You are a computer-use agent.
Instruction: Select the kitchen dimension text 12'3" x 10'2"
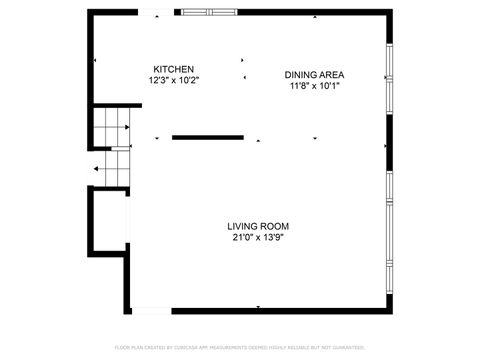coord(173,80)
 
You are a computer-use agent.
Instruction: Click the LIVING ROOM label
coord(258,226)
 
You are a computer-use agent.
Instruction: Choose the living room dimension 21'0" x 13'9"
coord(258,238)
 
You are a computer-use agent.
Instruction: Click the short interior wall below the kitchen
coord(207,137)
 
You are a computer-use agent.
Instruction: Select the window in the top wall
coord(208,12)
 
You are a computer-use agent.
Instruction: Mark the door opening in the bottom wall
coord(150,309)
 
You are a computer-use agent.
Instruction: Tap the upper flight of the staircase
coord(114,127)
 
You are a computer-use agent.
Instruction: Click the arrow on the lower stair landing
coord(97,169)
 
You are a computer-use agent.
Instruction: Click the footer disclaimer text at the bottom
coord(240,347)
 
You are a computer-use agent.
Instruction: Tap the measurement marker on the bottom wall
coord(258,307)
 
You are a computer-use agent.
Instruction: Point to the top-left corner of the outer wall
coord(90,12)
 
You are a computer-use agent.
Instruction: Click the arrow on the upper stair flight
coord(128,127)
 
